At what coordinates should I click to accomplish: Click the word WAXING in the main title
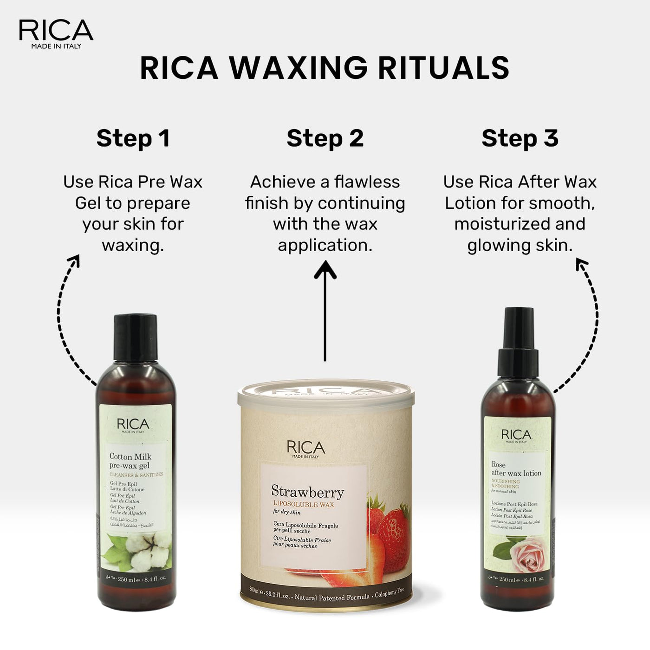pos(299,68)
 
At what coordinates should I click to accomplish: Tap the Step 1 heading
pos(133,138)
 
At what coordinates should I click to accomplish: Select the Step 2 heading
pos(325,138)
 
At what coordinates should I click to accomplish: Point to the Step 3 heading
pos(520,138)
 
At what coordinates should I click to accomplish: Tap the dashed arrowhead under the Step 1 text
pos(74,260)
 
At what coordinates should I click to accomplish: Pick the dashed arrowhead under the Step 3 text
pos(581,265)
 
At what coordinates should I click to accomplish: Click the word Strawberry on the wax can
pos(307,491)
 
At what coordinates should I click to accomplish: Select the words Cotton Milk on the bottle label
pos(130,456)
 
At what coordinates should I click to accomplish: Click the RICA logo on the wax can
pos(306,448)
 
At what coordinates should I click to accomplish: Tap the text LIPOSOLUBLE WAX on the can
pos(303,504)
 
